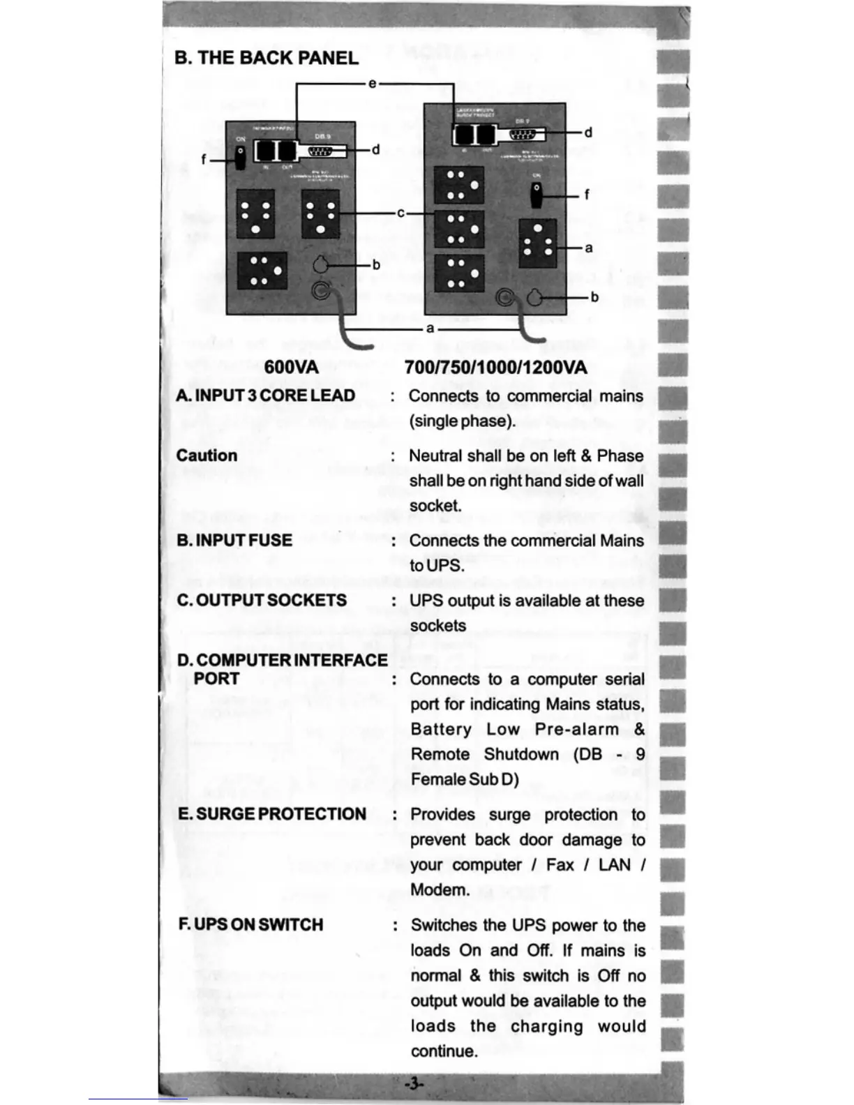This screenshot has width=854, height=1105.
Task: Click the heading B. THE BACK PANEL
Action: click(267, 57)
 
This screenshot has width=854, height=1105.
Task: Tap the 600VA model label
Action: click(291, 367)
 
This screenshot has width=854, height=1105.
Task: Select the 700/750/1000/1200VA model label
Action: click(495, 367)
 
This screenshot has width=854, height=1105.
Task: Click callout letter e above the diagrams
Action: click(372, 84)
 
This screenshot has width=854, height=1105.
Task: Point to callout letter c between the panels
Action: click(400, 213)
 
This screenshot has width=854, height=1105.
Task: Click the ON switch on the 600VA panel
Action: click(240, 156)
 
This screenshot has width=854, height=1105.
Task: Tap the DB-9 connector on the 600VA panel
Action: click(322, 151)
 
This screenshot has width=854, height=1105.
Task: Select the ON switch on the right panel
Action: click(536, 195)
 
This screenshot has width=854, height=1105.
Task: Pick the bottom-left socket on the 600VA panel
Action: click(261, 271)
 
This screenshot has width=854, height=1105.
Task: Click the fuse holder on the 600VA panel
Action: click(320, 265)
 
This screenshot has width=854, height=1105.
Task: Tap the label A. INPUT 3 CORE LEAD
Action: click(266, 396)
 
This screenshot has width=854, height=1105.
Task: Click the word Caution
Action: click(207, 456)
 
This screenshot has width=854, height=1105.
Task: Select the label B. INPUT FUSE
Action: click(234, 541)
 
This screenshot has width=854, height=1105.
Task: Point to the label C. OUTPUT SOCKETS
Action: click(262, 601)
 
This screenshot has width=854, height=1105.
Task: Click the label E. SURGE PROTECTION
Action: click(272, 814)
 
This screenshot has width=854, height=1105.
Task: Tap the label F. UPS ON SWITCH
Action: click(251, 924)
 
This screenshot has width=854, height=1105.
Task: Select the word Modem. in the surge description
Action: click(440, 890)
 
